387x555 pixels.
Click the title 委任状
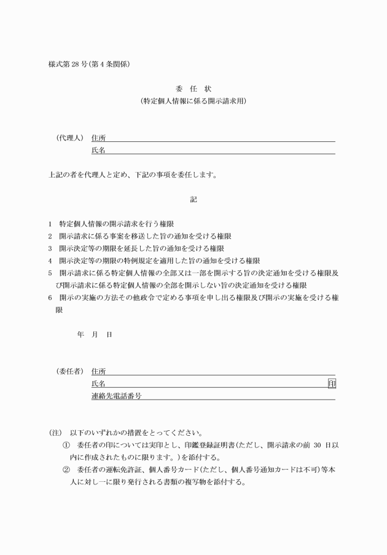pyautogui.click(x=193, y=89)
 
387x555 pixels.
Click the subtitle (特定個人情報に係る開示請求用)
pyautogui.click(x=193, y=101)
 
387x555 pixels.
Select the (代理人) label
pyautogui.click(x=66, y=138)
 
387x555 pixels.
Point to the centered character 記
pyautogui.click(x=193, y=199)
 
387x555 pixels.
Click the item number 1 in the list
pyautogui.click(x=50, y=224)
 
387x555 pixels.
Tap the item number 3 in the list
pyautogui.click(x=50, y=249)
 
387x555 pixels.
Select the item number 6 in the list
pyautogui.click(x=50, y=298)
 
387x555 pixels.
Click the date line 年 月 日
pyautogui.click(x=95, y=335)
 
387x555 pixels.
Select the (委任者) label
pyautogui.click(x=66, y=372)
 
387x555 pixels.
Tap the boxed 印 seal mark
pyautogui.click(x=332, y=384)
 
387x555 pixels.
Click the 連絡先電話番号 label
pyautogui.click(x=116, y=396)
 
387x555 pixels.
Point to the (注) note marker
pyautogui.click(x=56, y=433)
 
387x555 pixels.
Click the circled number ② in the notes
pyautogui.click(x=66, y=470)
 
